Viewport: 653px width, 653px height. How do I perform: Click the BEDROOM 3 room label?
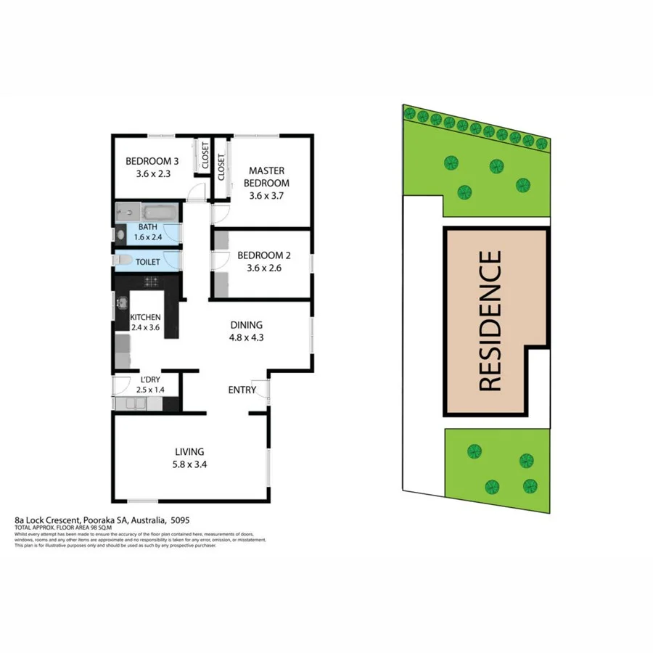pyautogui.click(x=152, y=161)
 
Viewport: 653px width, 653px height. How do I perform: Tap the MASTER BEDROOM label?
pyautogui.click(x=266, y=176)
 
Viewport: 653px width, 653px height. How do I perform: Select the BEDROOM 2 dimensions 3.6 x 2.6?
pyautogui.click(x=264, y=268)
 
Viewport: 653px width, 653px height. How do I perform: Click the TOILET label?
pyautogui.click(x=148, y=262)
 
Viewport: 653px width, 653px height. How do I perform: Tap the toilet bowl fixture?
pyautogui.click(x=123, y=260)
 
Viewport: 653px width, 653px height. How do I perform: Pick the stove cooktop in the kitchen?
pyautogui.click(x=152, y=281)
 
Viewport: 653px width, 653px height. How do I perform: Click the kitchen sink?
pyautogui.click(x=121, y=303)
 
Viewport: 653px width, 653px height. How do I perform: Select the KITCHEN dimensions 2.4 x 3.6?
pyautogui.click(x=145, y=328)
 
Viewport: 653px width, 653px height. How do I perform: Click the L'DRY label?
pyautogui.click(x=150, y=379)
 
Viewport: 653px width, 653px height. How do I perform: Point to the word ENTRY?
pyautogui.click(x=242, y=390)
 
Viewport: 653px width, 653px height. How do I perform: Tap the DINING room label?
pyautogui.click(x=246, y=325)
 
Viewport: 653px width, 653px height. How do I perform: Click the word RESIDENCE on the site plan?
pyautogui.click(x=491, y=321)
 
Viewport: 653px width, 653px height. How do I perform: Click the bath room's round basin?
pyautogui.click(x=120, y=235)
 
